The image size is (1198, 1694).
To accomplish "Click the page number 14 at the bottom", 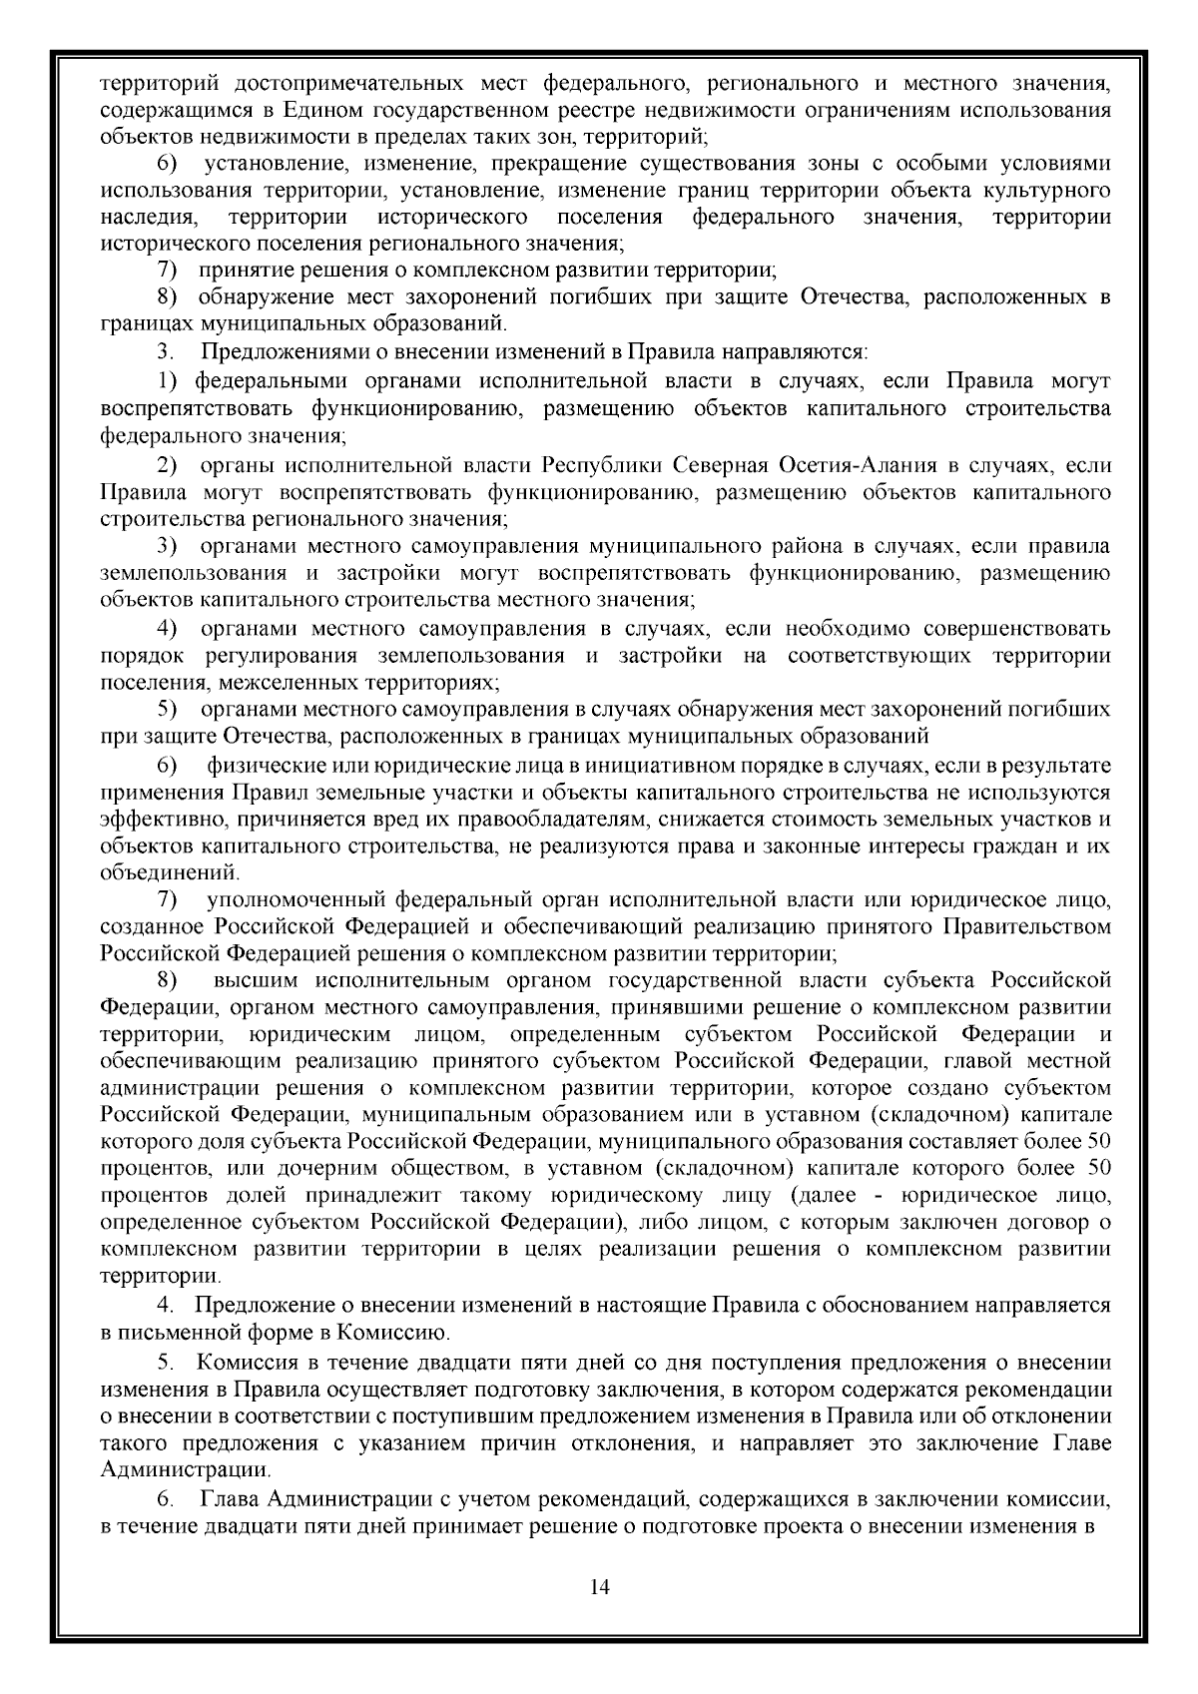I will (600, 1587).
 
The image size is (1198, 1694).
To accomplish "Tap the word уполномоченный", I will (297, 900).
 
